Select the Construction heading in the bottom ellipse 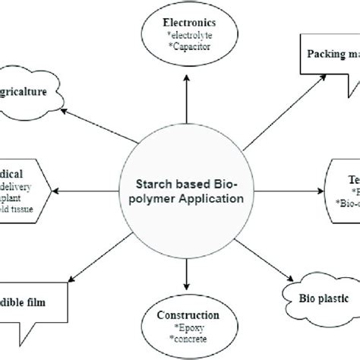[x=179, y=314]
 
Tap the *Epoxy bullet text [x=179, y=327]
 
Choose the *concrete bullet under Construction [x=179, y=339]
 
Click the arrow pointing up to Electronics [x=179, y=103]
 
